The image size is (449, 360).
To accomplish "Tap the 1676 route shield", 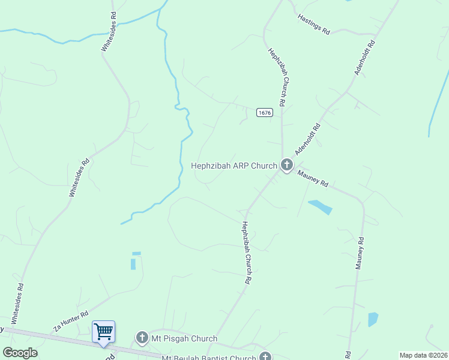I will point(264,112).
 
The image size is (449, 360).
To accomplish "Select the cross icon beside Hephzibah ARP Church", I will point(287,165).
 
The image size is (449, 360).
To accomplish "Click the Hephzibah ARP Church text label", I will point(234,166).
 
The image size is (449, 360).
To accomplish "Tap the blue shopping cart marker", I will point(103,331).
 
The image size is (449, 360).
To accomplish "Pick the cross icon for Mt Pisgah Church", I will point(142,338).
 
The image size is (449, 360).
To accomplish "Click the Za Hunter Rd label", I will point(71,322).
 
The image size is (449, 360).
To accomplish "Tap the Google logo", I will point(20,353).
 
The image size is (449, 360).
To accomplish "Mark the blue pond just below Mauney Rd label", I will point(320,207).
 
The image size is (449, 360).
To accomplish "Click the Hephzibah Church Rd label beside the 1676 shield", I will point(280,75).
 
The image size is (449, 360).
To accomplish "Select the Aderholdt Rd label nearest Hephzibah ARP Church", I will point(309,139).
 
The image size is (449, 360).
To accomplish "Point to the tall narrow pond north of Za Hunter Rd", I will point(133,262).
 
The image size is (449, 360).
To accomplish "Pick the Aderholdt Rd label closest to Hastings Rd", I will point(364,58).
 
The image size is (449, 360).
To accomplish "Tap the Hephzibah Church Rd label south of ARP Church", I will point(247,253).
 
